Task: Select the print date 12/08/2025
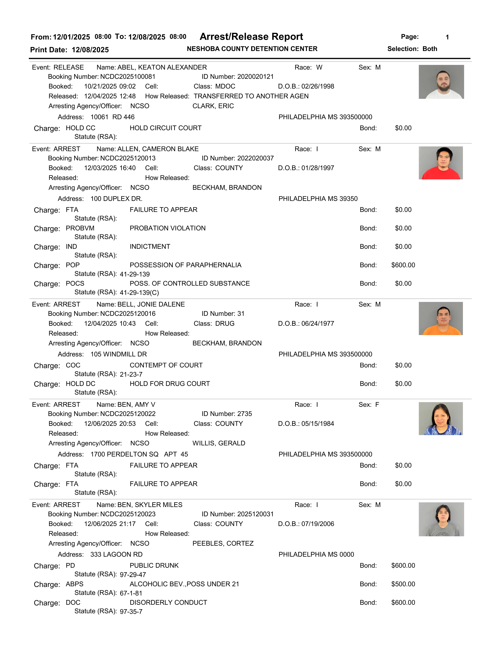[x=90, y=50]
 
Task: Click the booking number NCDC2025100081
[x=128, y=77]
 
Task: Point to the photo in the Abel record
[x=441, y=82]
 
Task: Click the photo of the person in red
[x=440, y=163]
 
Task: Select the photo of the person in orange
[x=440, y=318]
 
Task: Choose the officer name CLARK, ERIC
[x=213, y=106]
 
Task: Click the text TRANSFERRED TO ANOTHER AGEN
[x=251, y=96]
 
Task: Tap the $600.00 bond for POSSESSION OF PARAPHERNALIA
[x=403, y=265]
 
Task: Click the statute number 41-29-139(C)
[x=139, y=293]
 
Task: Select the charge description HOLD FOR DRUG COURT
[x=170, y=384]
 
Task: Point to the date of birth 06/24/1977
[x=318, y=323]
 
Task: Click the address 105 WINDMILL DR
[x=119, y=354]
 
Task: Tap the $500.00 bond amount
[x=403, y=584]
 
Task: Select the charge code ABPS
[x=75, y=584]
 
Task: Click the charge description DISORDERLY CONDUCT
[x=168, y=602]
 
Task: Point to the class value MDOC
[x=225, y=86]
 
